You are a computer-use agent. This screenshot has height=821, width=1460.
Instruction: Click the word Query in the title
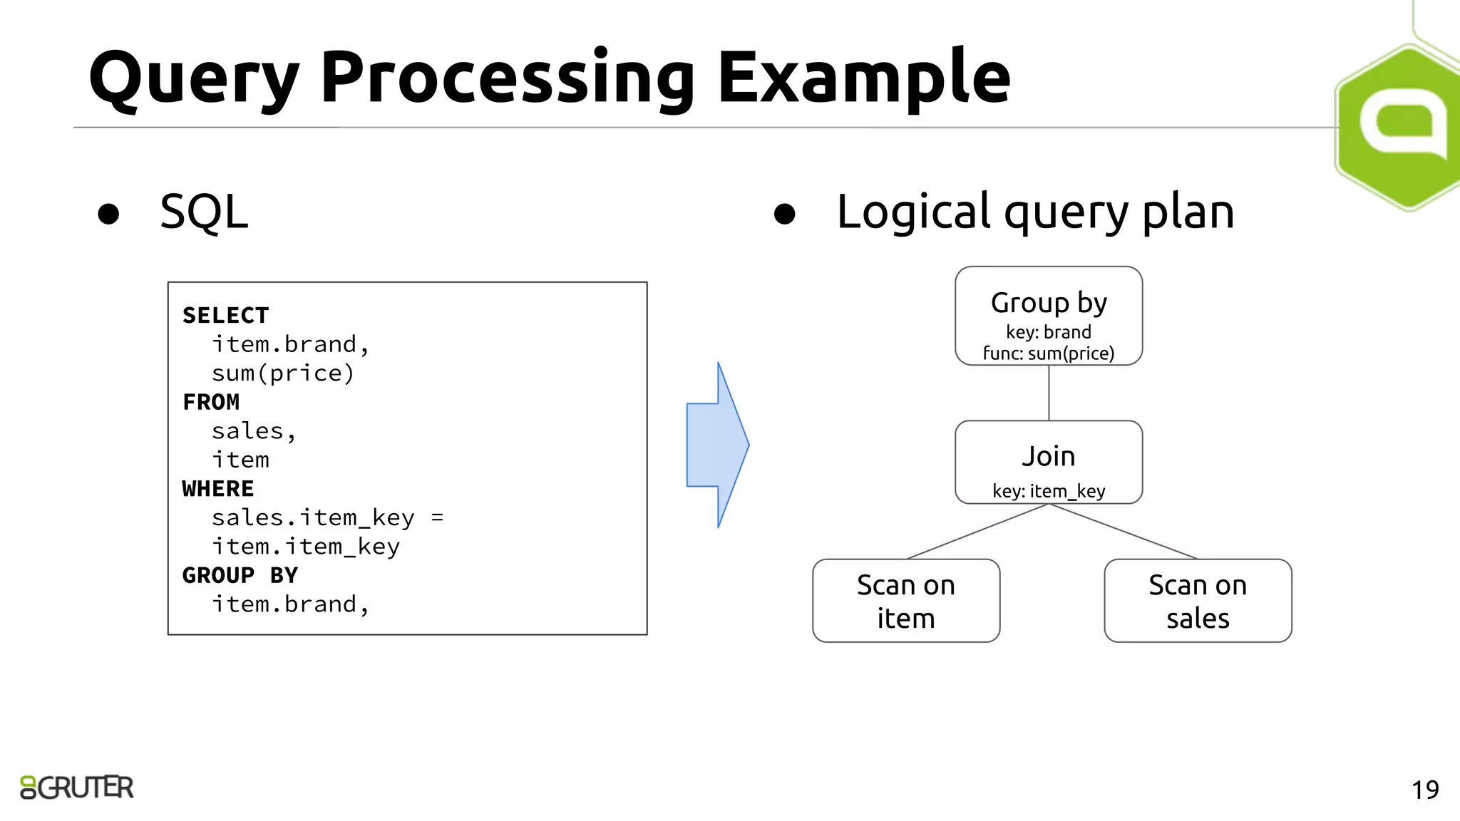pyautogui.click(x=192, y=78)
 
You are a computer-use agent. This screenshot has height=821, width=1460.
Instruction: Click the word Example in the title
pyautogui.click(x=863, y=78)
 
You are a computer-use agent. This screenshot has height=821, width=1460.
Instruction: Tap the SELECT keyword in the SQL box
pyautogui.click(x=225, y=315)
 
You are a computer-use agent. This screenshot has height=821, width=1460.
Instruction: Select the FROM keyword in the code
pyautogui.click(x=211, y=402)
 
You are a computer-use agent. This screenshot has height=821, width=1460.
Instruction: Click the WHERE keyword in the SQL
pyautogui.click(x=218, y=489)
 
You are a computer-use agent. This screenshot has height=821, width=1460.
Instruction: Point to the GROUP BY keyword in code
pyautogui.click(x=240, y=575)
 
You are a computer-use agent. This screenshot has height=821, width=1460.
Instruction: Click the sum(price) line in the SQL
pyautogui.click(x=283, y=373)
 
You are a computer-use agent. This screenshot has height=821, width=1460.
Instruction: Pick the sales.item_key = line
pyautogui.click(x=327, y=518)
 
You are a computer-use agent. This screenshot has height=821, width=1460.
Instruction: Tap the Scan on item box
pyautogui.click(x=906, y=601)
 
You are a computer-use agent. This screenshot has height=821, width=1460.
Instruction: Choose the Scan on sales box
pyautogui.click(x=1198, y=601)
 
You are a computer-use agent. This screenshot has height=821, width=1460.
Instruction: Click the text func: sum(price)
pyautogui.click(x=1049, y=353)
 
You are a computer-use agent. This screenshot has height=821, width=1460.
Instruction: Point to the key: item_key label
pyautogui.click(x=1049, y=491)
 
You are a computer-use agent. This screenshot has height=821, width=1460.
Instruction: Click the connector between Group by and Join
pyautogui.click(x=1049, y=393)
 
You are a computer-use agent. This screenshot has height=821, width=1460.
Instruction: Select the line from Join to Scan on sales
pyautogui.click(x=1124, y=532)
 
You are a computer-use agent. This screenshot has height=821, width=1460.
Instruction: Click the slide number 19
pyautogui.click(x=1425, y=790)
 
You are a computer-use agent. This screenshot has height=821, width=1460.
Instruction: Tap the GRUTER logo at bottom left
pyautogui.click(x=77, y=788)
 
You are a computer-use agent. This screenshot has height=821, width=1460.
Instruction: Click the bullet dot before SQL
pyautogui.click(x=108, y=214)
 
